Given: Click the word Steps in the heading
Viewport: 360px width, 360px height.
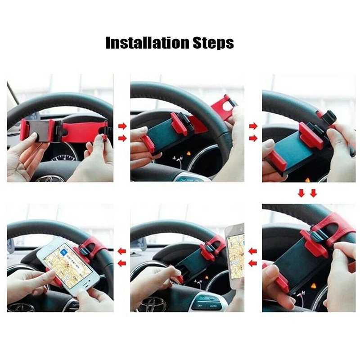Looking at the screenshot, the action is coord(213,43).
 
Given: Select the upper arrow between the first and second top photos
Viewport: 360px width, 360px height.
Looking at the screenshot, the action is coord(122,126).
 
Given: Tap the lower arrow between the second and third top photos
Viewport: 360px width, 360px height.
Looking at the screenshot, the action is coord(253,139).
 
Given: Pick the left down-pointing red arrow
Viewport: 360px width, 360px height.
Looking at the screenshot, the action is coord(301,193).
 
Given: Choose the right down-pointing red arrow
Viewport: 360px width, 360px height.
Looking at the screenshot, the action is coord(313,193).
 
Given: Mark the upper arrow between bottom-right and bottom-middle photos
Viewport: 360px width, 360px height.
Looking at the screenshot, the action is coord(252,252).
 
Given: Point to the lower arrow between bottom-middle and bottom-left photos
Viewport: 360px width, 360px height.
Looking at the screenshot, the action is coord(122,264).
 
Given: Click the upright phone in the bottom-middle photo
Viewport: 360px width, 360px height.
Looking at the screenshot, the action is coord(235,256).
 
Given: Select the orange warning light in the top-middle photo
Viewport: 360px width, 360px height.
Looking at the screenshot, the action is coord(189,153).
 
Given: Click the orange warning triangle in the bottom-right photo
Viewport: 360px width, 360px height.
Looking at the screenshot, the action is coord(313,286).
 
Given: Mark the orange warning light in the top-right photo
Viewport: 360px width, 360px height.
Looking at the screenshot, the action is coord(307,180).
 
